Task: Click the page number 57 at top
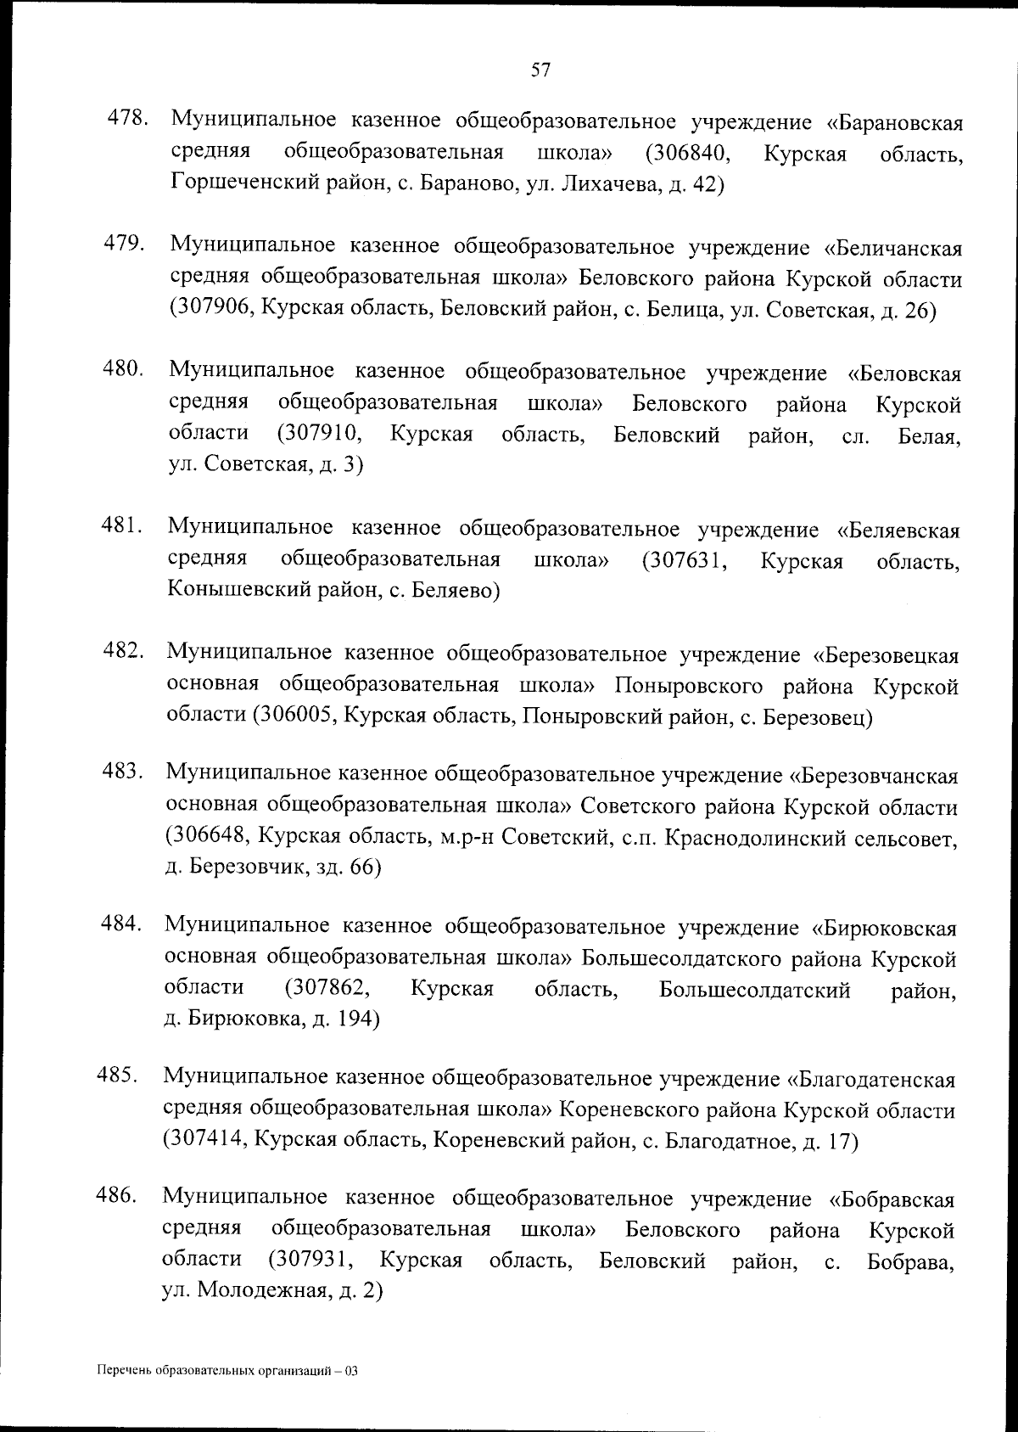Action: coord(541,70)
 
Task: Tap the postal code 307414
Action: coord(208,1142)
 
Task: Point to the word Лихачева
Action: coord(598,184)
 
